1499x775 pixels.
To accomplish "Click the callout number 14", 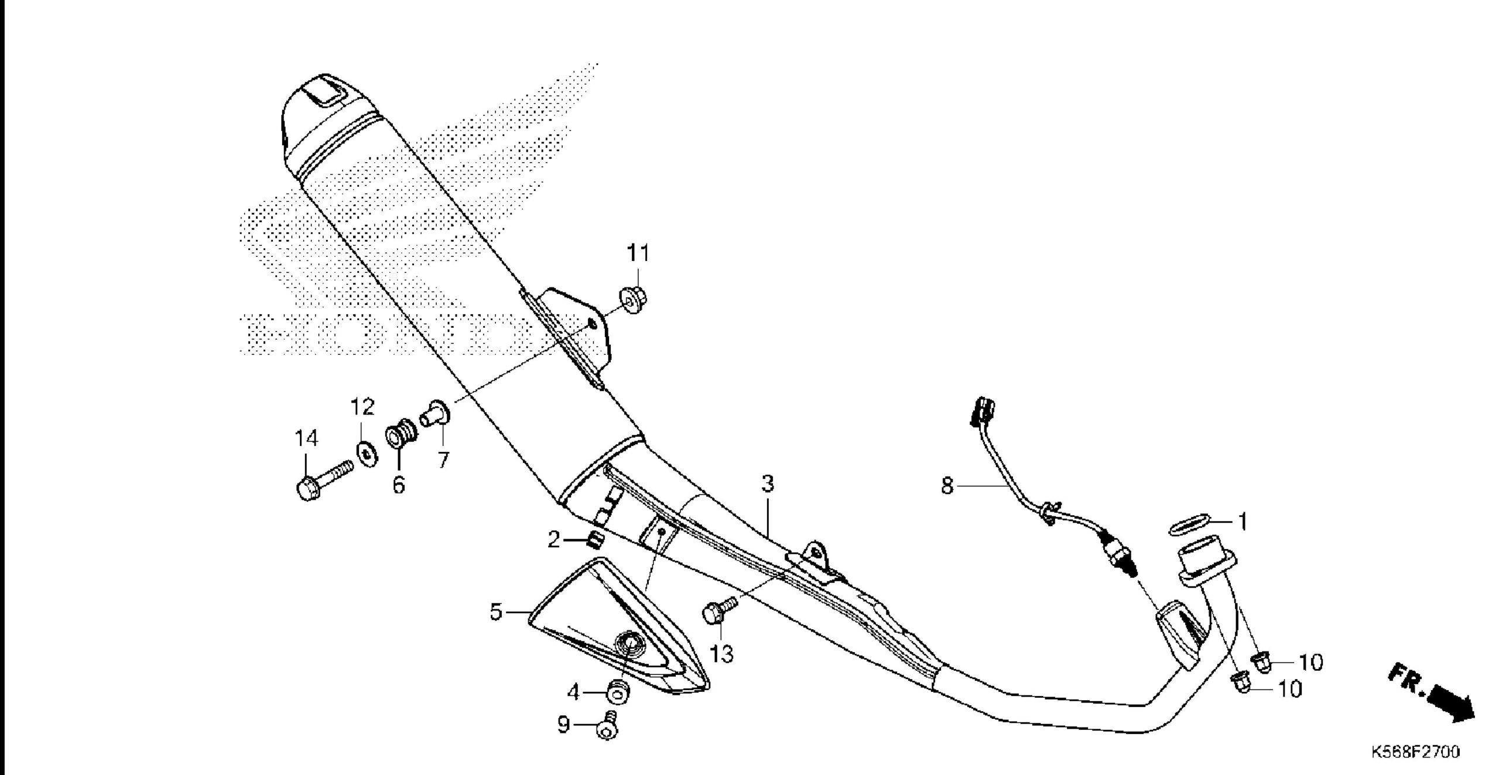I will click(x=306, y=438).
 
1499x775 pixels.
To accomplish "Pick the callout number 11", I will click(x=638, y=253).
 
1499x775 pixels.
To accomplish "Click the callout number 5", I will click(x=496, y=613).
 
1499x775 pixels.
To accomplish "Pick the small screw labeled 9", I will click(x=607, y=728).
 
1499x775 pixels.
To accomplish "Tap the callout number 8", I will click(x=947, y=486).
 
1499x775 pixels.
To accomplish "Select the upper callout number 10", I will click(x=1311, y=662).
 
